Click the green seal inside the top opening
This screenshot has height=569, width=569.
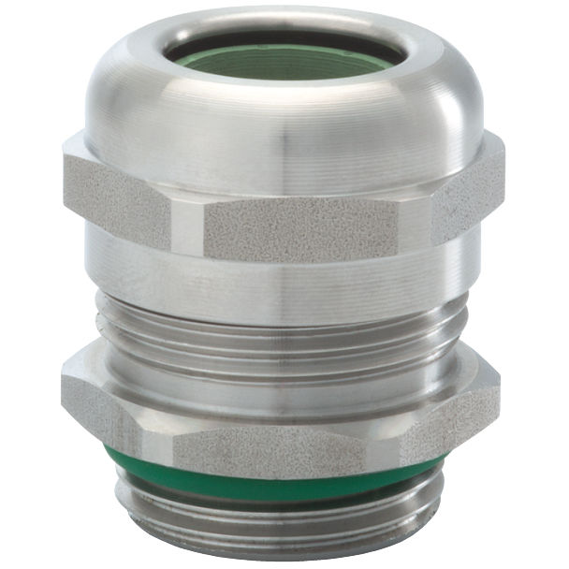point(285,64)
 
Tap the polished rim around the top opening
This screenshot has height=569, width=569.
point(285,25)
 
